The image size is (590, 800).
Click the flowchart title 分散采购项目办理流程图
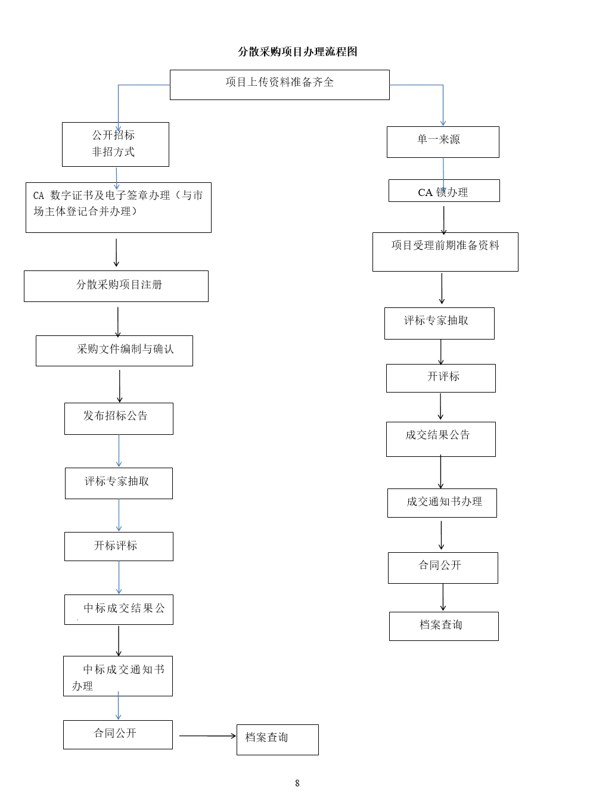click(297, 52)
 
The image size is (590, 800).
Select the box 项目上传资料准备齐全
click(280, 85)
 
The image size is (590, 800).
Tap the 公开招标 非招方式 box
click(116, 144)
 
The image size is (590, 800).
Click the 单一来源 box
click(443, 142)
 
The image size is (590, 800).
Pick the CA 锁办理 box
click(444, 191)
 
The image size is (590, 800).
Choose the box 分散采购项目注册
click(116, 286)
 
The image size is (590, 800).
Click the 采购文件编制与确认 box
click(114, 351)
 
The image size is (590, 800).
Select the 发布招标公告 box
click(119, 419)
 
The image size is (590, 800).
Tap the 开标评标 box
click(119, 546)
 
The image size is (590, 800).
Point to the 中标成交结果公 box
click(119, 609)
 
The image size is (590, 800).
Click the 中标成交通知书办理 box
click(118, 676)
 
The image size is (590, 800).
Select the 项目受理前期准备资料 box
click(445, 252)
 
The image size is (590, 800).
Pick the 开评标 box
click(440, 378)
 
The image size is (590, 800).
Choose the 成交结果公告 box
click(440, 439)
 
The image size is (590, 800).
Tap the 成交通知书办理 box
click(442, 503)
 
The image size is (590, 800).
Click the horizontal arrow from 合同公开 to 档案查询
click(207, 736)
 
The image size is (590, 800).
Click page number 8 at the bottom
click(297, 783)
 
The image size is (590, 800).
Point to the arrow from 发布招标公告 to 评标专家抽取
click(119, 451)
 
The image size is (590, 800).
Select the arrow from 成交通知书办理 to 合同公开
click(442, 535)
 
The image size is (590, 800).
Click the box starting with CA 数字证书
click(118, 207)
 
